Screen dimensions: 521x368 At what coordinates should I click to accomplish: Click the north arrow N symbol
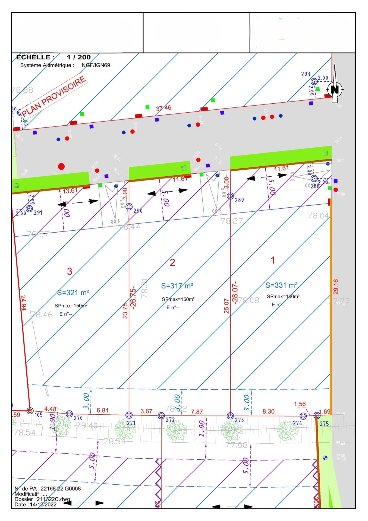[335, 89]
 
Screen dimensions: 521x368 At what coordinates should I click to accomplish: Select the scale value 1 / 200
[79, 57]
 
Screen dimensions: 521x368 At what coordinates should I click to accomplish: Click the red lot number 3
[70, 271]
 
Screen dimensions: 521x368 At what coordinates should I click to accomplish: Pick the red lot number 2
[172, 262]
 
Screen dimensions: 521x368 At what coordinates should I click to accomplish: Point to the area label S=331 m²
[281, 285]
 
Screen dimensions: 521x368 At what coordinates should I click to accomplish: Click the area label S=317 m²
[177, 285]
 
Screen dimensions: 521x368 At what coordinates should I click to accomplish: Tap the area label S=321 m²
[73, 293]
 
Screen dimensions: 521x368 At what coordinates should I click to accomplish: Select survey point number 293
[306, 74]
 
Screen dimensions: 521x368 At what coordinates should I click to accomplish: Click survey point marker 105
[30, 411]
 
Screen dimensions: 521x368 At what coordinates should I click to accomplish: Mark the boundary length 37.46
[163, 108]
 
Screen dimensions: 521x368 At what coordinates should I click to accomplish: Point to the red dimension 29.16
[336, 287]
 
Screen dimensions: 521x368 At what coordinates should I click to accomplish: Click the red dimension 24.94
[23, 303]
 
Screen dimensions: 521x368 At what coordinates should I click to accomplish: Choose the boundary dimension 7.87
[197, 412]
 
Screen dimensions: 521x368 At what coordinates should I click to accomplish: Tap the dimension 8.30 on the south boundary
[268, 411]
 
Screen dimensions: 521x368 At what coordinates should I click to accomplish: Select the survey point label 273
[239, 420]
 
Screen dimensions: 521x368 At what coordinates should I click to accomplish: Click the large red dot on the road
[61, 166]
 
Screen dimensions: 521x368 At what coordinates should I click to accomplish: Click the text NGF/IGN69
[96, 65]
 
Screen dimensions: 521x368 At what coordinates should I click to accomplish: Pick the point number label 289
[239, 200]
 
